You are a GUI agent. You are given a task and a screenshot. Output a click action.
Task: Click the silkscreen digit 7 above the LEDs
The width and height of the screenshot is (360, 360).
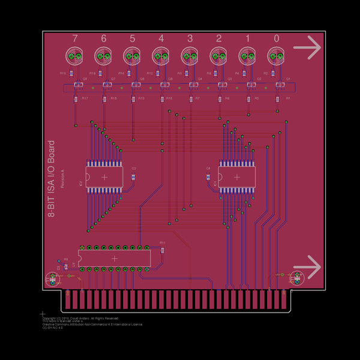point(75,38)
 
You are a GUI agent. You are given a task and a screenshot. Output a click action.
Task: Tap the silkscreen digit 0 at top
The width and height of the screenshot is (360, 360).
point(277,38)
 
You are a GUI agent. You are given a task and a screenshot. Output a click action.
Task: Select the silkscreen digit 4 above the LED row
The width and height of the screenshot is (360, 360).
point(161,38)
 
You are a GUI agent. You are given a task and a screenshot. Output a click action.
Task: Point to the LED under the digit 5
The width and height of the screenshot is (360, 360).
point(133,56)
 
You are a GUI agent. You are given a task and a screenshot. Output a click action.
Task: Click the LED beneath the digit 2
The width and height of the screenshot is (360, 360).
point(219,56)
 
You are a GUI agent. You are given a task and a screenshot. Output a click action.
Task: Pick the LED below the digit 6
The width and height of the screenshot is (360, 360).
point(104,56)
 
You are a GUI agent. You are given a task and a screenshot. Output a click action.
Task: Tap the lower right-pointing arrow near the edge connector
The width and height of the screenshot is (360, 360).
point(307,266)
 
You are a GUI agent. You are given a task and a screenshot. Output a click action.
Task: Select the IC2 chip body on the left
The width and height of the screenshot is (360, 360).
point(104,177)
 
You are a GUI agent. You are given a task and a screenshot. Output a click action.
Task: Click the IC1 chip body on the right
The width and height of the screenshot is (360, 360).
point(238,177)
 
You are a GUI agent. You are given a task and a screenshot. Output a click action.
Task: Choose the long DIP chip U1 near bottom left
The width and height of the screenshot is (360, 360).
point(114,258)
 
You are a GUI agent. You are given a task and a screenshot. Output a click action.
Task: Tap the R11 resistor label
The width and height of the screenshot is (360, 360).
point(162,242)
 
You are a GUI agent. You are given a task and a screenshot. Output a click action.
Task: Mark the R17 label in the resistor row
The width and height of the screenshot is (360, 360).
point(85,98)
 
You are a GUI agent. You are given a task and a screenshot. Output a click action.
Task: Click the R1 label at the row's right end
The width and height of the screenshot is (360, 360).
point(288,98)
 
